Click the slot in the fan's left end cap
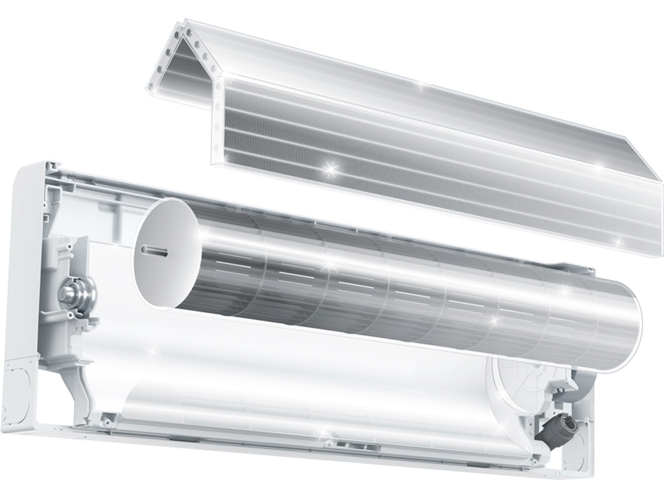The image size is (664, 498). click(154, 249)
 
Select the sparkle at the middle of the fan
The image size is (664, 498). click(325, 266)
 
